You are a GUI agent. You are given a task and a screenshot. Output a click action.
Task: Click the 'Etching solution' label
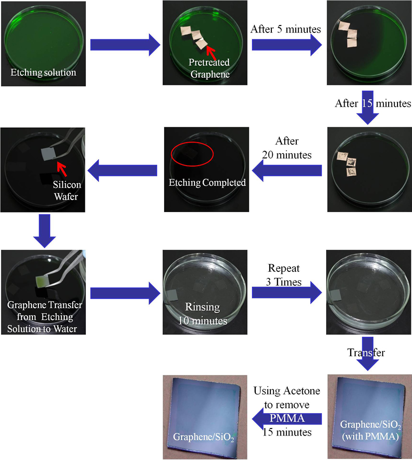(x=43, y=73)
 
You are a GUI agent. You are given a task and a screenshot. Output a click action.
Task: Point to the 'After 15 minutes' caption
(x=374, y=104)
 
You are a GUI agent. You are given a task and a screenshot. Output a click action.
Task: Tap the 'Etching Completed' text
(x=206, y=183)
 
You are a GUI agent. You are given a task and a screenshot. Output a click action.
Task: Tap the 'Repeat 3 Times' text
(x=284, y=276)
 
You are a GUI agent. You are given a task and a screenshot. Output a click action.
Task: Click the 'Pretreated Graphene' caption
(x=208, y=68)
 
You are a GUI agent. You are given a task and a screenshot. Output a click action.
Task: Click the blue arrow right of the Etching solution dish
(x=125, y=46)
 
